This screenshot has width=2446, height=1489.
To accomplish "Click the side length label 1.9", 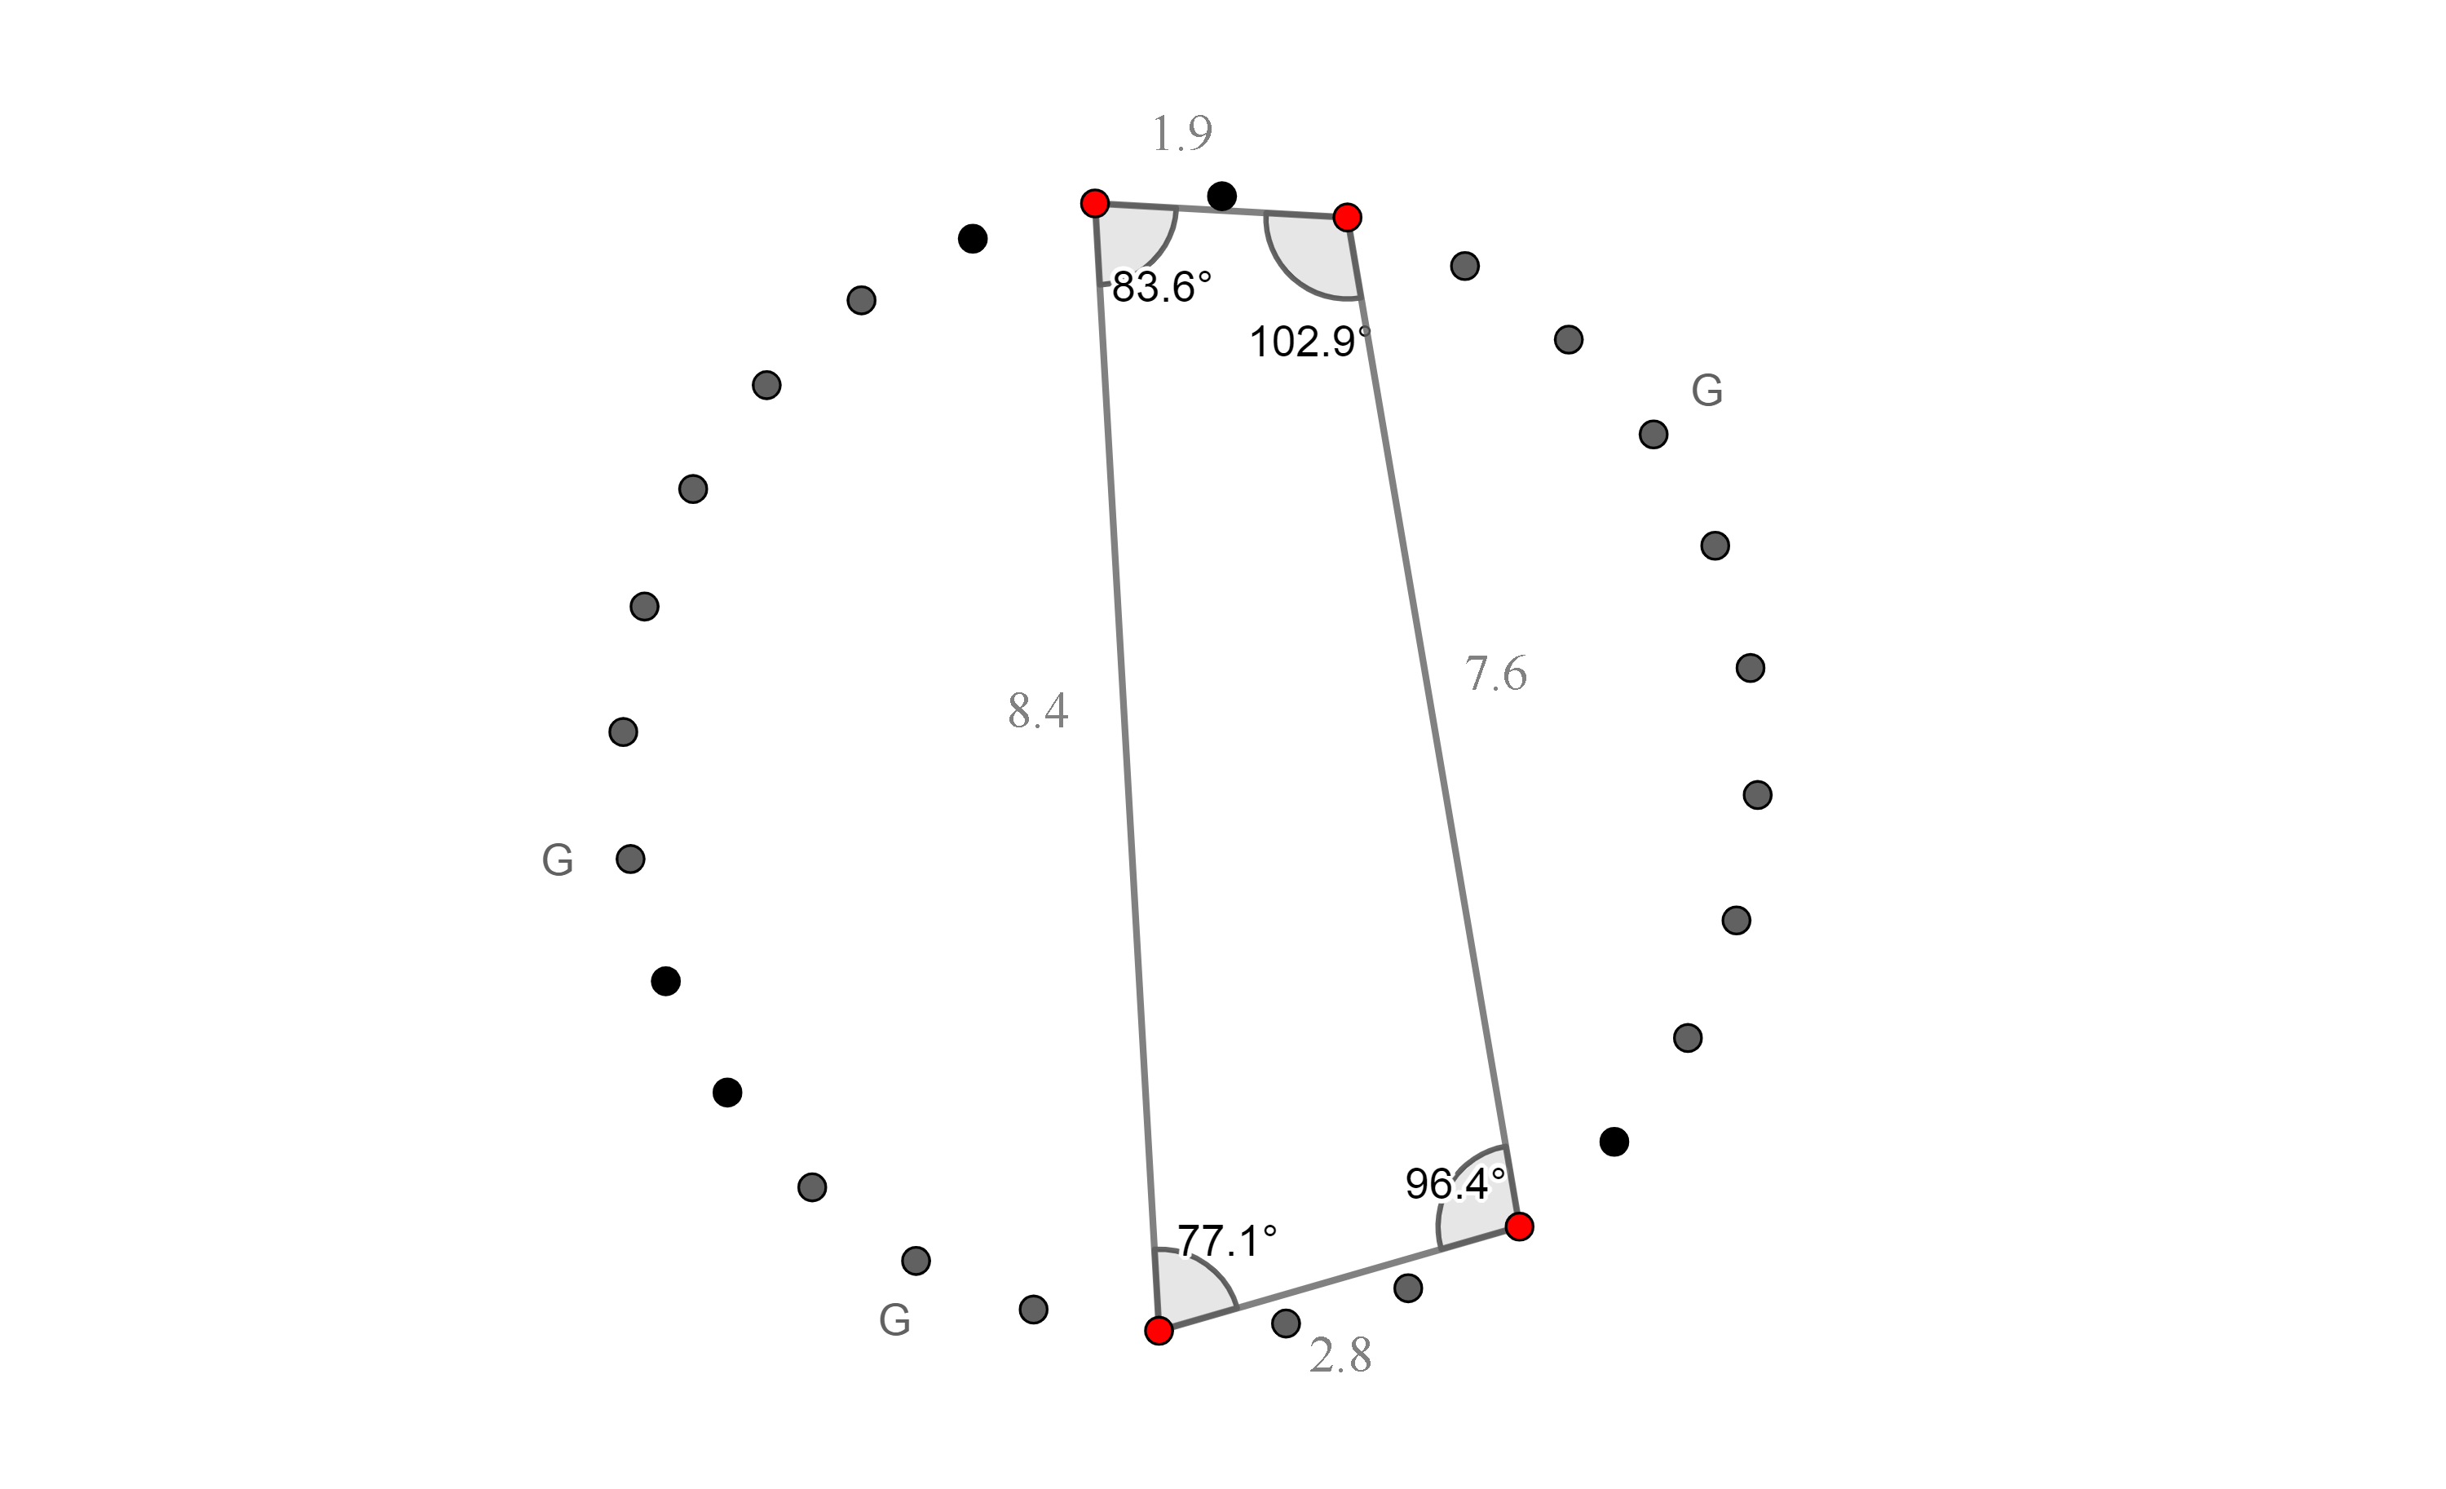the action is click(1181, 133).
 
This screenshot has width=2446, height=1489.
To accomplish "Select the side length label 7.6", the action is click(1496, 674).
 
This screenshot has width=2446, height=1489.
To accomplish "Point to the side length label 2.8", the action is click(1340, 1356).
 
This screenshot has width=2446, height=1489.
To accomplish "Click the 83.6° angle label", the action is click(1163, 287).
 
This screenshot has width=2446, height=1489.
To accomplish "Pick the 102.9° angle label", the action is click(1309, 342).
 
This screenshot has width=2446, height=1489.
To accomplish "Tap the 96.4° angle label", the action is click(1455, 1183).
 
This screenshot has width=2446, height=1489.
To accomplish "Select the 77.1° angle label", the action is click(1227, 1241).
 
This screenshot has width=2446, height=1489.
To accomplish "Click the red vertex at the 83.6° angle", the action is click(1095, 204).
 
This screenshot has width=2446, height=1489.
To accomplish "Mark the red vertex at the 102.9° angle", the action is click(1347, 218).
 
